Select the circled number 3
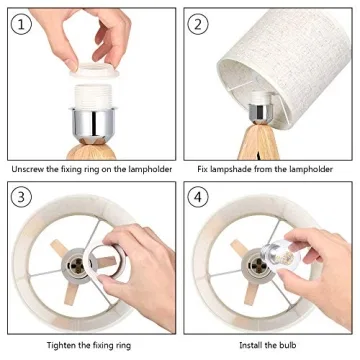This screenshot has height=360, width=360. [x=21, y=197]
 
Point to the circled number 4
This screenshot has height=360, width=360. [x=198, y=197]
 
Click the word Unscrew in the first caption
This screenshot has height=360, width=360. [x=28, y=169]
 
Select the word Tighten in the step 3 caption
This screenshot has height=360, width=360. [x=62, y=345]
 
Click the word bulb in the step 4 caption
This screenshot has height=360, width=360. [x=287, y=345]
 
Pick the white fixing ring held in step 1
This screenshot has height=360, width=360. [x=94, y=70]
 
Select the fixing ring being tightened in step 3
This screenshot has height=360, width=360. [x=105, y=259]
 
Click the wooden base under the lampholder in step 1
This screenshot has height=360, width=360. [x=91, y=152]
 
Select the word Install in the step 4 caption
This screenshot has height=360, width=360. [x=250, y=345]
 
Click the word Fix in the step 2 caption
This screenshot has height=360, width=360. [x=202, y=169]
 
